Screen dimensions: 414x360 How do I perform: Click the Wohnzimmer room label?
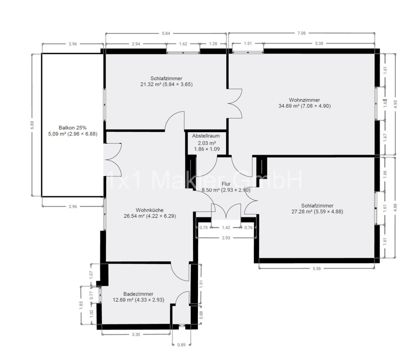304,100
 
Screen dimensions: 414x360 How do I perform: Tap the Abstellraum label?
206,136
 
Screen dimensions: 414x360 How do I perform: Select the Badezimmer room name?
138,294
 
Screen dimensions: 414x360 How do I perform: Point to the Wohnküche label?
149,210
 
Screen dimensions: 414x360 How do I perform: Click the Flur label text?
226,184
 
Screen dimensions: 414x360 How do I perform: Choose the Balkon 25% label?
72,128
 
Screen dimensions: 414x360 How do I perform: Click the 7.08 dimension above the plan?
301,33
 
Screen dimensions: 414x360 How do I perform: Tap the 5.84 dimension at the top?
166,34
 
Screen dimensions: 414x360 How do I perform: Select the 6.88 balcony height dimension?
32,125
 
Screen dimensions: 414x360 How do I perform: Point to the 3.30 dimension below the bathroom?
136,334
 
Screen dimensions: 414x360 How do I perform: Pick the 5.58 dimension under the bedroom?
317,269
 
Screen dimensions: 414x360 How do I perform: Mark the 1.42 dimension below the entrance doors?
226,228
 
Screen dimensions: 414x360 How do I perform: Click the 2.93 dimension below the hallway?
226,238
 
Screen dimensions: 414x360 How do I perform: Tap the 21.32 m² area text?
149,84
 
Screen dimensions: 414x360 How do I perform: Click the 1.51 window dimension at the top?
248,43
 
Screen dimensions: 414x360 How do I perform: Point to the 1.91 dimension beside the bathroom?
201,284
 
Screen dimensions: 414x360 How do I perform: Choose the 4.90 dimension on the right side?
396,104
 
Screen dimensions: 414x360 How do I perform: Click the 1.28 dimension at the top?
213,44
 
